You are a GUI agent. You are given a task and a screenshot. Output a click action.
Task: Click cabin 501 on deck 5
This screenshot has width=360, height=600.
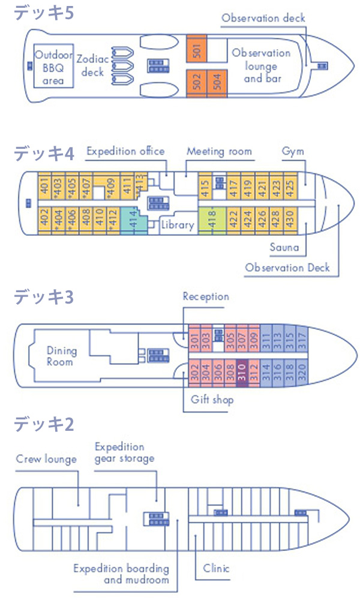pyautogui.click(x=197, y=49)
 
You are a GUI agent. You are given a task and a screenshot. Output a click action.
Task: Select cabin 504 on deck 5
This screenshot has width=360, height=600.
pyautogui.click(x=217, y=83)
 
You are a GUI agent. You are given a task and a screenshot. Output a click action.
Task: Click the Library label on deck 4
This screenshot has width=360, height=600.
pyautogui.click(x=177, y=225)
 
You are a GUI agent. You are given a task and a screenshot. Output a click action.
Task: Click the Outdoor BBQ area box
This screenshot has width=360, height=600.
pyautogui.click(x=53, y=66)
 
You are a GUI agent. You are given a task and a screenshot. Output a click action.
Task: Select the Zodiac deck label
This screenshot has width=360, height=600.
pyautogui.click(x=92, y=66)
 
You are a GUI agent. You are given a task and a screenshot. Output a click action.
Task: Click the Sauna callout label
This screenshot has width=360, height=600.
pyautogui.click(x=284, y=247)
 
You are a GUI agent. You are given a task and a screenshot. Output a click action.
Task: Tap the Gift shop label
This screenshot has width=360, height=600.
pyautogui.click(x=212, y=400)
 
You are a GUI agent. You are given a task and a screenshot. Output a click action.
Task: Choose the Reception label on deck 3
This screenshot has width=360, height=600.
pyautogui.click(x=206, y=296)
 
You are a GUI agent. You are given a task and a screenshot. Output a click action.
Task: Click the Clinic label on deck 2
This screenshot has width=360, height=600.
pyautogui.click(x=216, y=568)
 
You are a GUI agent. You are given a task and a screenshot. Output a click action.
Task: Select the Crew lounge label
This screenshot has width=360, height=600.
pyautogui.click(x=46, y=459)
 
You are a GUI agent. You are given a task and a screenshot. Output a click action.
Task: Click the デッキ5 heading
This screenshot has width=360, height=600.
pyautogui.click(x=44, y=13)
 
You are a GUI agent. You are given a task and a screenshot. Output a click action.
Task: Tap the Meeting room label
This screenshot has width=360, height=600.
pyautogui.click(x=219, y=152)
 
